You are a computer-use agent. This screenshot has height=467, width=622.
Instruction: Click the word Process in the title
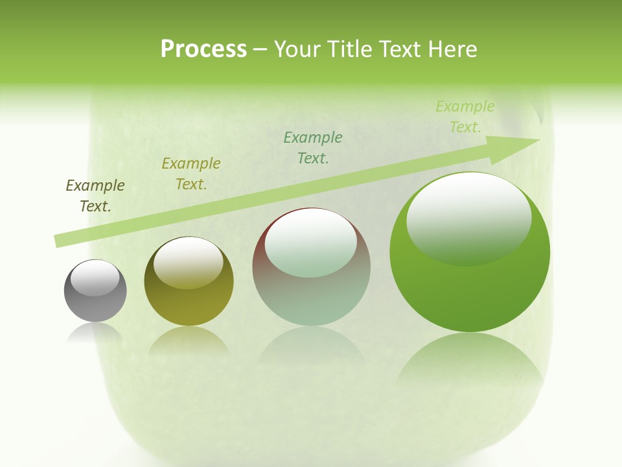tap(203, 49)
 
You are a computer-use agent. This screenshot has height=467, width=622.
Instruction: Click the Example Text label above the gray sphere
tap(95, 196)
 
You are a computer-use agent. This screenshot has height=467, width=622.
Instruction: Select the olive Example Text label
tap(191, 174)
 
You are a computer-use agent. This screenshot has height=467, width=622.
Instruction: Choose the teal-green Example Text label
tap(313, 147)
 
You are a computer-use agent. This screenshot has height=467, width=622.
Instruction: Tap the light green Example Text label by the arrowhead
tap(465, 117)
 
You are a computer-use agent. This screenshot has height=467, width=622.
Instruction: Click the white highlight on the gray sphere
tap(95, 278)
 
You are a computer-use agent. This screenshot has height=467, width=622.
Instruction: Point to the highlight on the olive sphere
tap(188, 261)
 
